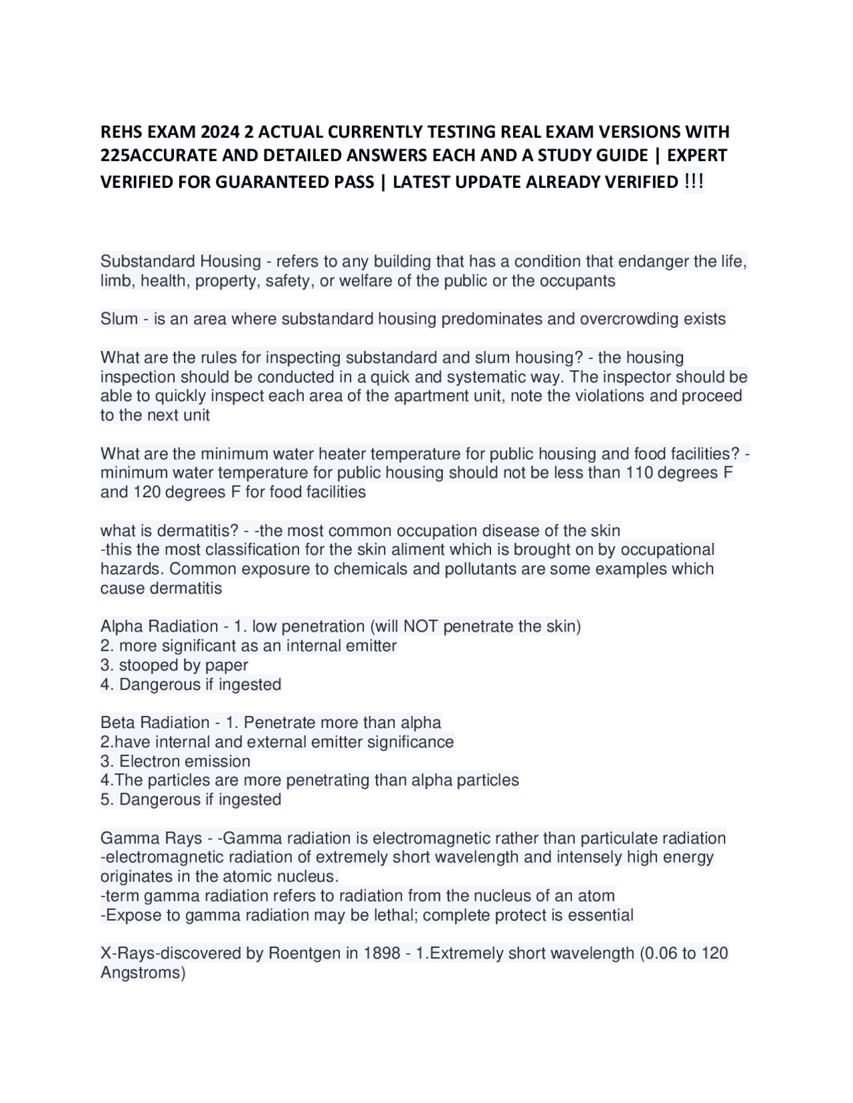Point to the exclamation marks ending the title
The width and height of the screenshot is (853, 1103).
point(694,181)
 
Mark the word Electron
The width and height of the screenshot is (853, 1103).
point(150,761)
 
